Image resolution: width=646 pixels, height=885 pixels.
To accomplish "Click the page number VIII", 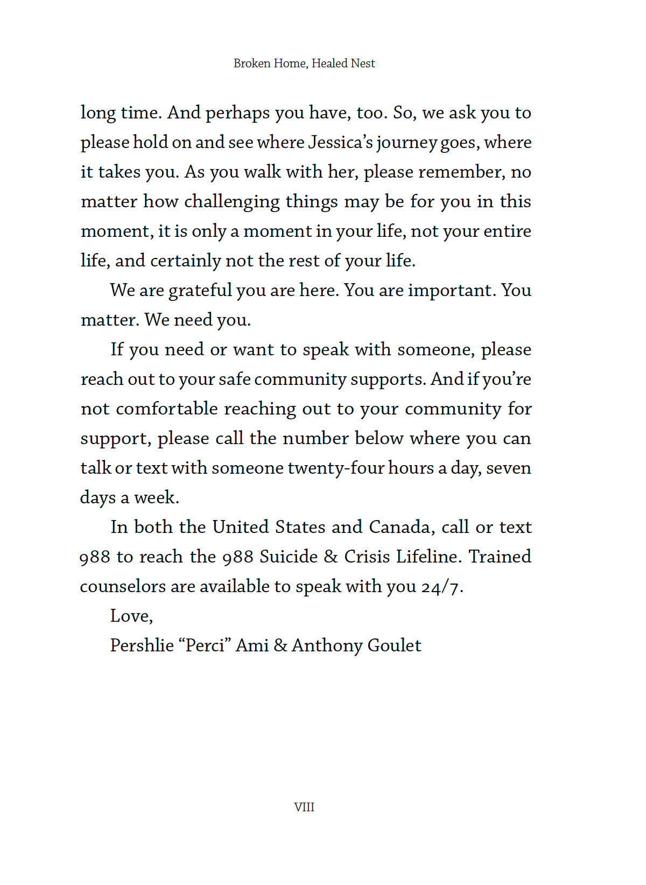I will pos(304,807).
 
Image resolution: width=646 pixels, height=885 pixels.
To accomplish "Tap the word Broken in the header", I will pos(252,64).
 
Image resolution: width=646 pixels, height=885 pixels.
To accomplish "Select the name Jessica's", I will pos(340,142).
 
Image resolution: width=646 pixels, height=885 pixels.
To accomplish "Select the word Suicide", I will pos(289,557).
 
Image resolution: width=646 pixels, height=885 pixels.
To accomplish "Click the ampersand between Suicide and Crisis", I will pos(331,557).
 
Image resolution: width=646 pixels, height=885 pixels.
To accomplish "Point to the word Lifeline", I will pos(429,557).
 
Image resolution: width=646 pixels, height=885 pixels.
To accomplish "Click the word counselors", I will pos(123,586).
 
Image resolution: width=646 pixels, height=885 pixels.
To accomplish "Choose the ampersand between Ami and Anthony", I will pos(280,645).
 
